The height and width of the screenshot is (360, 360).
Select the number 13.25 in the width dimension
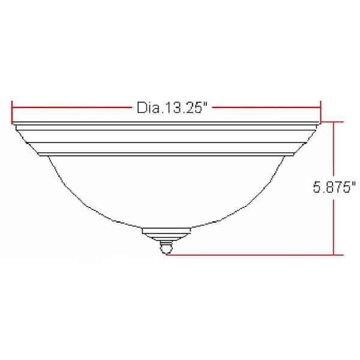coord(182,107)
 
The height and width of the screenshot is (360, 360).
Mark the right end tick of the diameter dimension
coord(321,112)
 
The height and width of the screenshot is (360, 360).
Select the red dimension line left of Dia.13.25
coord(71,107)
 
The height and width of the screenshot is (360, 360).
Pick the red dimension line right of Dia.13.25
coord(266,107)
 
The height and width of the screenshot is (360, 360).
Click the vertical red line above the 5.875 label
coord(334,151)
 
